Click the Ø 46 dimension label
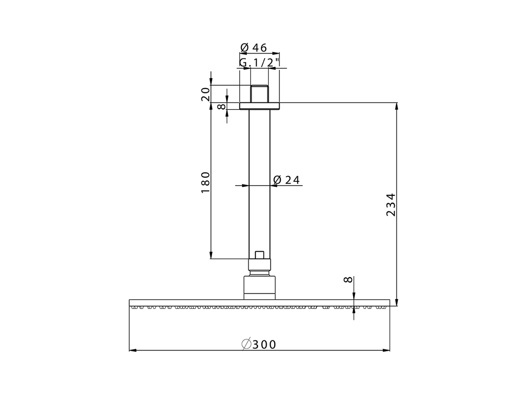point(254,48)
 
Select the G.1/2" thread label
point(260,63)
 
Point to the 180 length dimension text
point(206,183)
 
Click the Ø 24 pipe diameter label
point(286,180)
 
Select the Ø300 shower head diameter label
point(259,344)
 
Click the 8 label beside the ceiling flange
point(222,107)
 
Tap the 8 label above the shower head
point(348,280)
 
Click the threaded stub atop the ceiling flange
point(259,94)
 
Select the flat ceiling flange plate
point(259,106)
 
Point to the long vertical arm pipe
point(259,181)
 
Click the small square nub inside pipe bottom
point(259,255)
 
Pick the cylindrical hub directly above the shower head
point(259,288)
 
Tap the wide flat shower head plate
point(259,303)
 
